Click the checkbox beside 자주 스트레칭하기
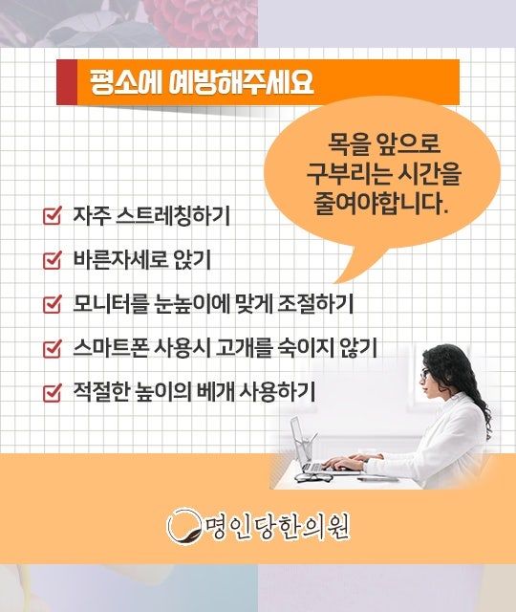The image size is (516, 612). click(x=53, y=215)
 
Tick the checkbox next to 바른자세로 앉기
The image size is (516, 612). click(x=53, y=260)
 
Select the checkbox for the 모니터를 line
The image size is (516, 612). click(x=53, y=304)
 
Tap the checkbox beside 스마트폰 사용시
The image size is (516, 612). click(x=53, y=348)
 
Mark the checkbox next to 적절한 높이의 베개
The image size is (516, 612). click(x=53, y=393)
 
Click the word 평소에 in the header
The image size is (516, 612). click(x=125, y=82)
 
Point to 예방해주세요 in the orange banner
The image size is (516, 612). click(x=241, y=82)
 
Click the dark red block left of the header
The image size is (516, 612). click(x=67, y=82)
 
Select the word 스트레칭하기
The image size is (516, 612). click(x=173, y=215)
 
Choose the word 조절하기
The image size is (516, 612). click(x=315, y=304)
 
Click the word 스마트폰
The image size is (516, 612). click(x=111, y=348)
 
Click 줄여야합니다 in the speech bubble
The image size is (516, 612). click(x=380, y=203)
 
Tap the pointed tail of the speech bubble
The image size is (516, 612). click(x=336, y=282)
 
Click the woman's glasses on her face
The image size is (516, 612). click(x=424, y=375)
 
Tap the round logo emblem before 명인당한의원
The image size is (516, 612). click(x=184, y=525)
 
